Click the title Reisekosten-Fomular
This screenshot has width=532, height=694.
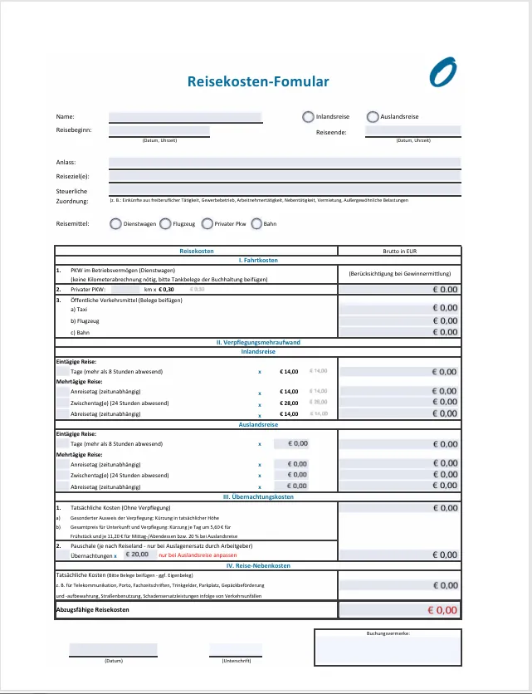tap(258, 81)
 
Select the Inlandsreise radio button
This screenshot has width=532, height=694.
tap(308, 117)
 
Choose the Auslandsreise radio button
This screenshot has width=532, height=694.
tap(373, 117)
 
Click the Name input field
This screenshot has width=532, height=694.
tap(185, 117)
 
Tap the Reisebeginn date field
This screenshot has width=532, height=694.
tap(159, 131)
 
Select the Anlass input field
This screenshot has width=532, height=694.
tap(284, 162)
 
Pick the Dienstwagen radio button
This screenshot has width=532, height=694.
tap(115, 223)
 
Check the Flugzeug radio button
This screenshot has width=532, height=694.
tap(165, 223)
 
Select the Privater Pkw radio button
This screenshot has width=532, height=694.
tap(207, 223)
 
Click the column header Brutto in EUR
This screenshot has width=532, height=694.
tap(399, 251)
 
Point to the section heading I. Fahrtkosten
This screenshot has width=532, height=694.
tap(258, 261)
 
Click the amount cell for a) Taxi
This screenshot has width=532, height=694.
tap(399, 308)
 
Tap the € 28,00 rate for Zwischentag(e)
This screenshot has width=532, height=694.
tap(289, 403)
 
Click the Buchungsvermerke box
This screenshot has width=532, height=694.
tap(388, 649)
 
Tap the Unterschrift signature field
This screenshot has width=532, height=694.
tap(235, 649)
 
